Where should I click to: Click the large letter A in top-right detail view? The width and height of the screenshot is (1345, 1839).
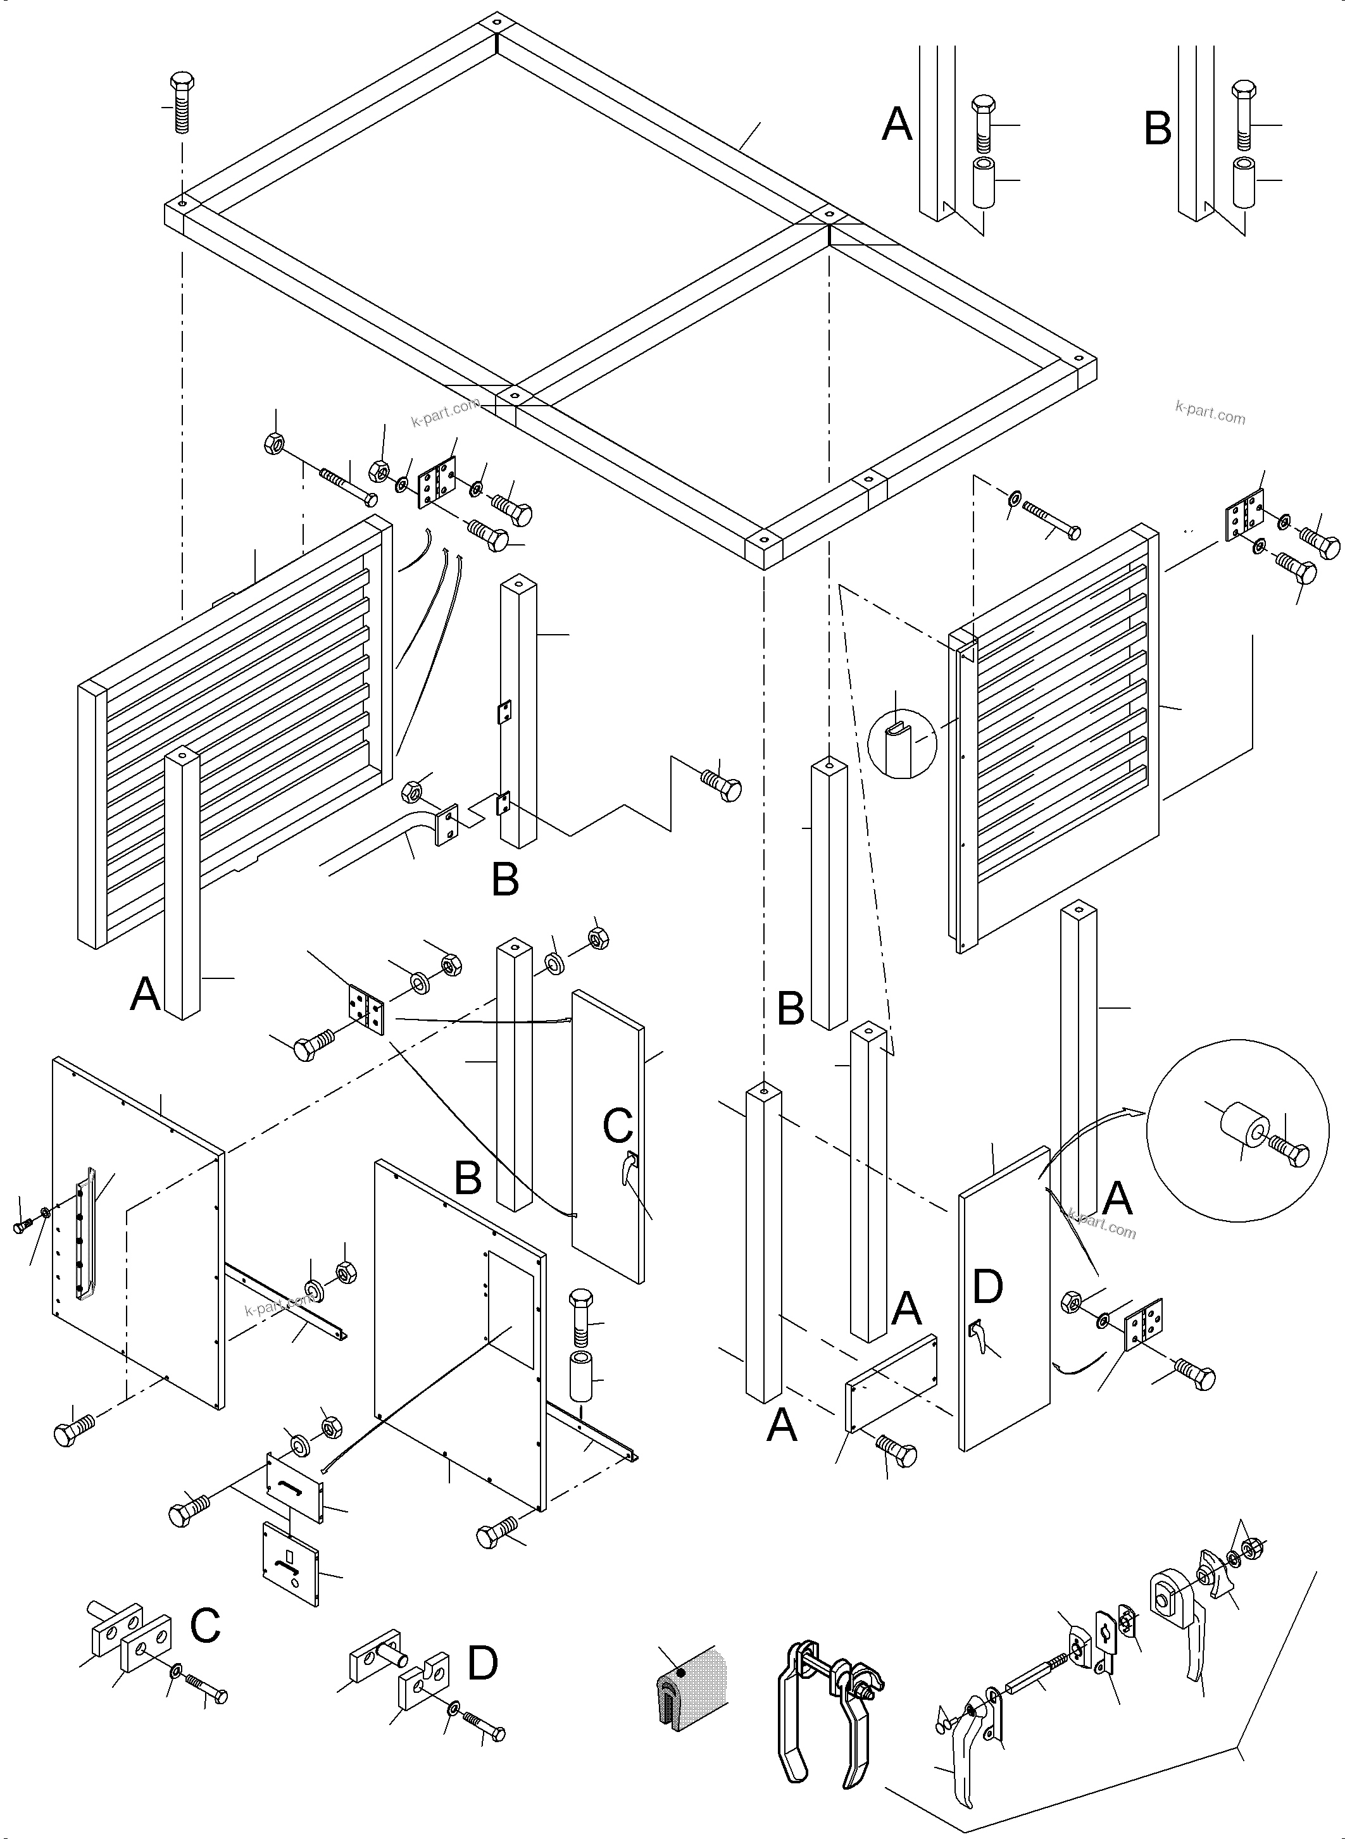(x=898, y=125)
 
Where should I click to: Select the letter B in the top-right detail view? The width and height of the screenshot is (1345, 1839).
(x=1158, y=128)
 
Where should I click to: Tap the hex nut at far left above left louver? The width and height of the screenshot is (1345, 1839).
(x=274, y=444)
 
